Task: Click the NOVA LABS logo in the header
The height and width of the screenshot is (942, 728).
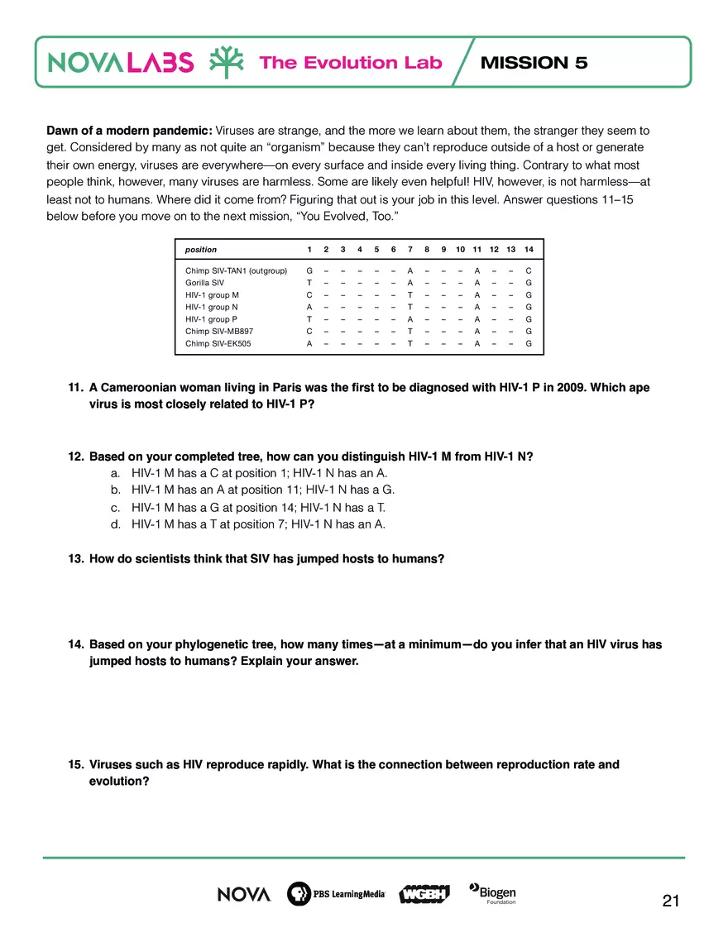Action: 122,63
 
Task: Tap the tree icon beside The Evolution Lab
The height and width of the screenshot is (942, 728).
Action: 225,63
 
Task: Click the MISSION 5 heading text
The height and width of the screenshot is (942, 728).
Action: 534,63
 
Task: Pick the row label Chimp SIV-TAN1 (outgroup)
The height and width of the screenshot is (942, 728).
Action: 236,270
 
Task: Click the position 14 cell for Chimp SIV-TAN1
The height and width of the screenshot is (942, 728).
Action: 528,270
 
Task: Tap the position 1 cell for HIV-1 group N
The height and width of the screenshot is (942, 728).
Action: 309,307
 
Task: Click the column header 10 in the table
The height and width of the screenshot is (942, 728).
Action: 460,249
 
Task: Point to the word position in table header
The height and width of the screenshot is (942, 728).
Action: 201,249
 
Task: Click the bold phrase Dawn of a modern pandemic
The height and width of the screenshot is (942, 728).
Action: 129,131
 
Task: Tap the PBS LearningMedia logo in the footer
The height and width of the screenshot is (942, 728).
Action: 336,894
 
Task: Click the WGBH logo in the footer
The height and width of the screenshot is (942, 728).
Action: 424,894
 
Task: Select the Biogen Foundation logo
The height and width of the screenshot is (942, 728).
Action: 493,893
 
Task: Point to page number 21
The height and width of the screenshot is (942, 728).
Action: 671,901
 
